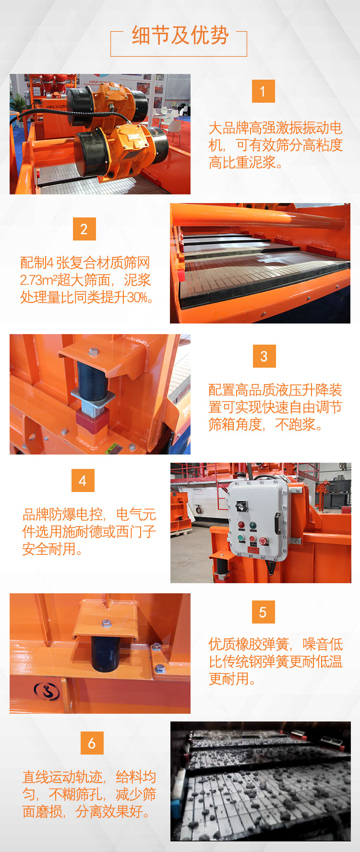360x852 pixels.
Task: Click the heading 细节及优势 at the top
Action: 180,36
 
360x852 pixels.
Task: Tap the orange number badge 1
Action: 263,91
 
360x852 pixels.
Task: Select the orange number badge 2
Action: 84,229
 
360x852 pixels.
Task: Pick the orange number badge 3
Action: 264,356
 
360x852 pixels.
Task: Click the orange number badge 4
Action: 83,480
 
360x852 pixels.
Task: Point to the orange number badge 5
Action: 263,612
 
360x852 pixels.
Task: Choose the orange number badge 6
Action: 92,743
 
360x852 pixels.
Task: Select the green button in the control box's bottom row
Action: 241,539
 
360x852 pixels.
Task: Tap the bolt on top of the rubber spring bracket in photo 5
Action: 107,624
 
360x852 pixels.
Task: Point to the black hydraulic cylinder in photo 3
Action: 92,379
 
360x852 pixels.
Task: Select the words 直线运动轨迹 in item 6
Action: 62,777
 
